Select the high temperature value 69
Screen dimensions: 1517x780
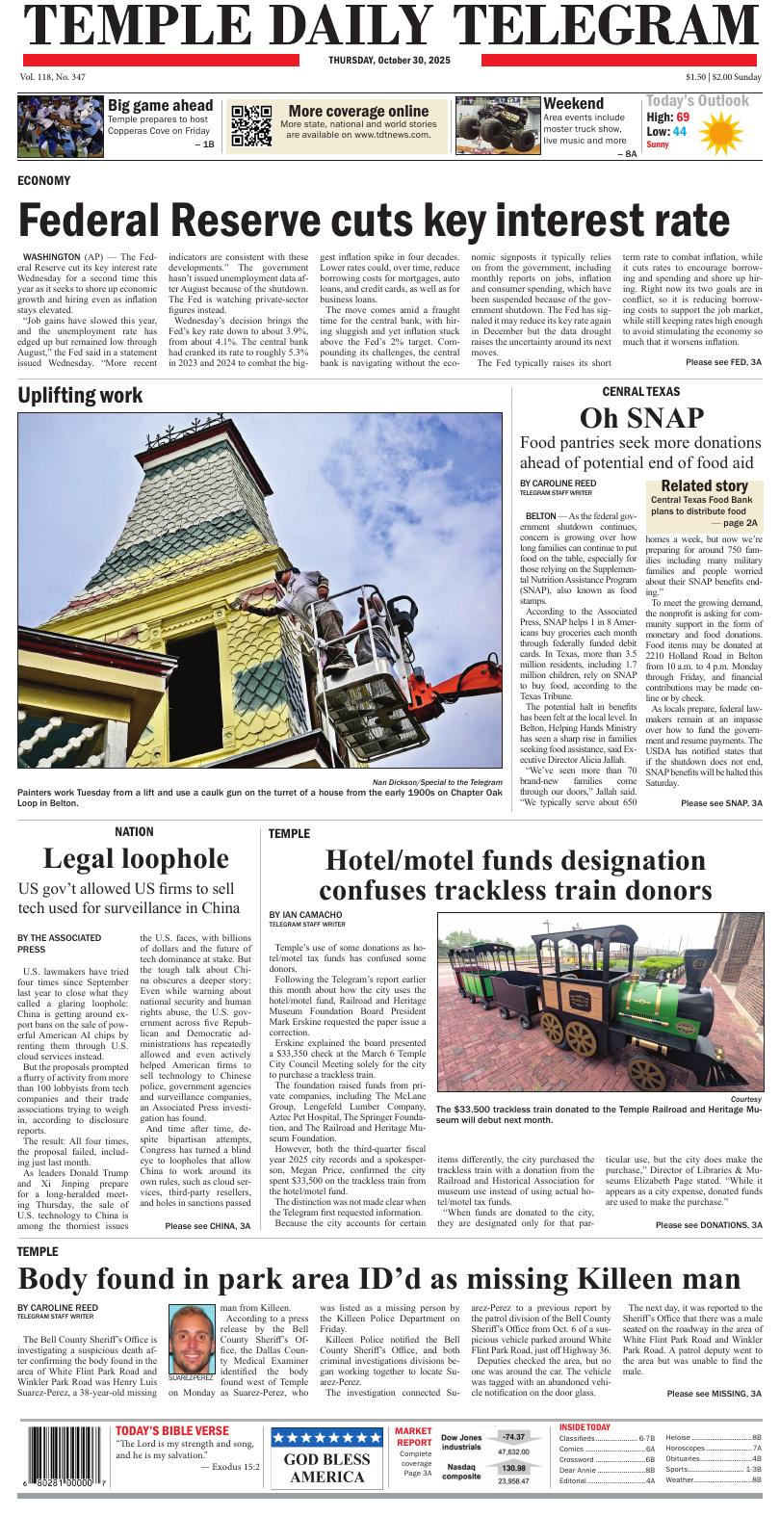(683, 117)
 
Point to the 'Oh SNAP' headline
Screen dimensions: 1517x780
(641, 417)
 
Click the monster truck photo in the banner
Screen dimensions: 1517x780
(498, 125)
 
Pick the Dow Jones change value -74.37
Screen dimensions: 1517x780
(513, 1436)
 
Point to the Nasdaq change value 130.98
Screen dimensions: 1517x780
(513, 1468)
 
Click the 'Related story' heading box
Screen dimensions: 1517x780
(704, 485)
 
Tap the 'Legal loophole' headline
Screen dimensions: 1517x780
(136, 857)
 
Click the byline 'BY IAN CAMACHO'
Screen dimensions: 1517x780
(305, 914)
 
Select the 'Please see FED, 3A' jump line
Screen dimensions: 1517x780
(723, 361)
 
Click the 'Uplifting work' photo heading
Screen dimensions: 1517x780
(80, 395)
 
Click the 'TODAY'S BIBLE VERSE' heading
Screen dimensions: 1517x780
(172, 1430)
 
